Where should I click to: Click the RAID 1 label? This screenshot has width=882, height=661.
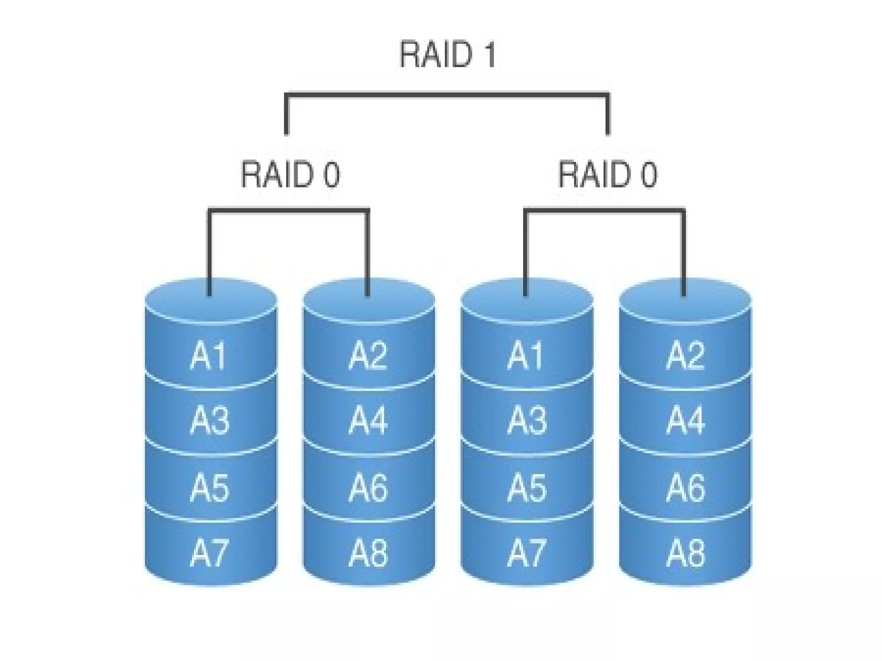pyautogui.click(x=448, y=54)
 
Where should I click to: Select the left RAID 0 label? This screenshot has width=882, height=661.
pyautogui.click(x=290, y=174)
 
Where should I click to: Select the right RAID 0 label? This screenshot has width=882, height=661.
pyautogui.click(x=608, y=174)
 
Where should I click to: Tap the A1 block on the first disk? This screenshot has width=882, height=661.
pyautogui.click(x=209, y=355)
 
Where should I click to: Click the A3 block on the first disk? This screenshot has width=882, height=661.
pyautogui.click(x=209, y=420)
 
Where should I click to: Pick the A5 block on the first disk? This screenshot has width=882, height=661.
pyautogui.click(x=209, y=487)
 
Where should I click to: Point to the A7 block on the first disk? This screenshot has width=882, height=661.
pyautogui.click(x=209, y=553)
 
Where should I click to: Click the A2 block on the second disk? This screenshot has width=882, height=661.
pyautogui.click(x=368, y=355)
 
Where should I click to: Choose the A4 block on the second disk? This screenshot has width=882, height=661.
pyautogui.click(x=368, y=420)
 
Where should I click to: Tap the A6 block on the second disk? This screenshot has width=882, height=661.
pyautogui.click(x=368, y=487)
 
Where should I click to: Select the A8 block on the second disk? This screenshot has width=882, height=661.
pyautogui.click(x=368, y=553)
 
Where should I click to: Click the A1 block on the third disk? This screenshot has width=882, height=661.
pyautogui.click(x=526, y=355)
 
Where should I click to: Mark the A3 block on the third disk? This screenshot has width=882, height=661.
pyautogui.click(x=526, y=420)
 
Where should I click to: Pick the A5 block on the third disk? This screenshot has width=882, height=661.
pyautogui.click(x=526, y=487)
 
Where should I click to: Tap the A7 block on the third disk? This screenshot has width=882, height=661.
pyautogui.click(x=526, y=553)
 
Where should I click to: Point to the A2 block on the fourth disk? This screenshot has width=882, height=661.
pyautogui.click(x=685, y=355)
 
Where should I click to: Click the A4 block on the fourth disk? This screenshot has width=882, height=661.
pyautogui.click(x=685, y=420)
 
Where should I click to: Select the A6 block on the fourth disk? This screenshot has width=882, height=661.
pyautogui.click(x=685, y=487)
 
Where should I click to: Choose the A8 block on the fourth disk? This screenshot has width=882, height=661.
pyautogui.click(x=685, y=553)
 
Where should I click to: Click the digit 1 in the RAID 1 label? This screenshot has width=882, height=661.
pyautogui.click(x=490, y=54)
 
